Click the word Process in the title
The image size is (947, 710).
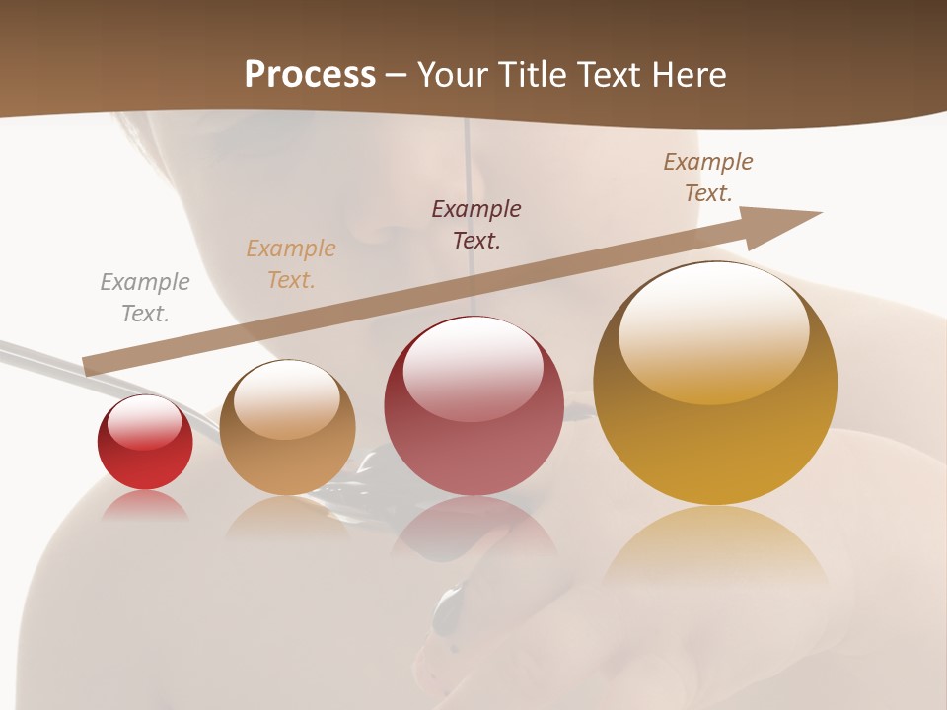point(310,74)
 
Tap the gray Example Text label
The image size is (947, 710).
point(145,297)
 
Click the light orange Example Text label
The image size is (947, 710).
point(291,263)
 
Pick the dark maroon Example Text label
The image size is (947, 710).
point(476,224)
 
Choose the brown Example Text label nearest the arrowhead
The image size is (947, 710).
point(708,177)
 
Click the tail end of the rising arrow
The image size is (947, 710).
point(91,366)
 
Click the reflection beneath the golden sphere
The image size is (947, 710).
point(715,552)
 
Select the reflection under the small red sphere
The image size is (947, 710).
point(145,506)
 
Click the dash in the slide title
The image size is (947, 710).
point(397,75)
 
